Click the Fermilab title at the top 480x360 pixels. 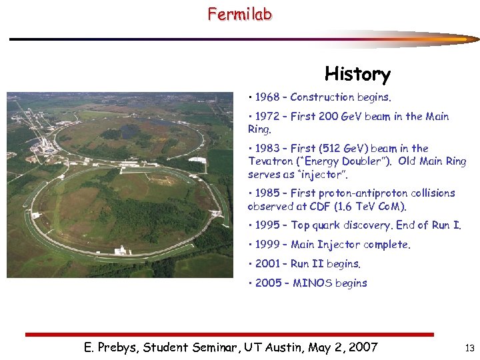[239, 13]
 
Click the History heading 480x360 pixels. [357, 73]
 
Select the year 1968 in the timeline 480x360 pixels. [267, 97]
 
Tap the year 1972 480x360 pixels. [267, 117]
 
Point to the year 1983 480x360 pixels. [267, 149]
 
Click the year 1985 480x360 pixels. [267, 193]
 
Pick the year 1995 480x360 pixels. [267, 225]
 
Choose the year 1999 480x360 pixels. [267, 245]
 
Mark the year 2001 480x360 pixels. [267, 264]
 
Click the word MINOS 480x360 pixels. [311, 283]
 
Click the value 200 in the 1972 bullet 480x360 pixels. [329, 117]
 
